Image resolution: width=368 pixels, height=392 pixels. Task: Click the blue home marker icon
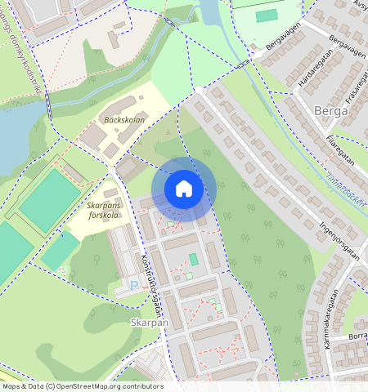point(184,189)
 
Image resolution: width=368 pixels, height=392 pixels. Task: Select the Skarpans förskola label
point(103,212)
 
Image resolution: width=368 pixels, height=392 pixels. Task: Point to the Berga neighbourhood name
point(331,109)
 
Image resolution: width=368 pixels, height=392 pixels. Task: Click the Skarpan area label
point(149,323)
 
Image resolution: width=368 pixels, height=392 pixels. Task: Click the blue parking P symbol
point(134,286)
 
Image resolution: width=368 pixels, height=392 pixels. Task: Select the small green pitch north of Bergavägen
point(267,16)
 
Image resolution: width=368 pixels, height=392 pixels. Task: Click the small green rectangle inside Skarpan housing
point(194,259)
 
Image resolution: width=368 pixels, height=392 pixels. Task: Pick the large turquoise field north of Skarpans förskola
point(49,198)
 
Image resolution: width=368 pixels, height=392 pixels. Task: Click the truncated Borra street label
point(357,336)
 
